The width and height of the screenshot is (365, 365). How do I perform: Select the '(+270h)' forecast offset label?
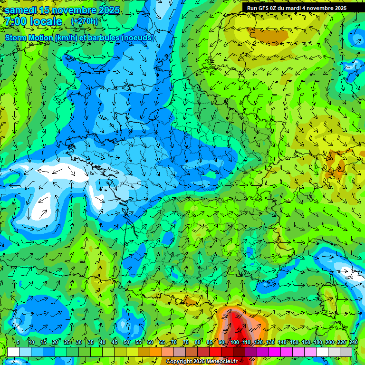pyautogui.click(x=85, y=21)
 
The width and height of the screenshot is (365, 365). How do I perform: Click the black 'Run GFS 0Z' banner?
pyautogui.click(x=297, y=8)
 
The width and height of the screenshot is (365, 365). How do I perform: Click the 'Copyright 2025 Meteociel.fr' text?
pyautogui.click(x=202, y=361)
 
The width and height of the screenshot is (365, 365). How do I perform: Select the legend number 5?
pyautogui.click(x=18, y=342)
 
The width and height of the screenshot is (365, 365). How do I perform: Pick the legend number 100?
pyautogui.click(x=235, y=342)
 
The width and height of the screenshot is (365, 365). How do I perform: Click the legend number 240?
pyautogui.click(x=354, y=342)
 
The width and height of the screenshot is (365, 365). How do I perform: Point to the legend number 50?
pyautogui.click(x=126, y=342)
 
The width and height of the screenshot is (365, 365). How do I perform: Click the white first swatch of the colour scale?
pyautogui.click(x=13, y=352)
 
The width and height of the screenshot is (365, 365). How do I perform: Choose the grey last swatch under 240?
pyautogui.click(x=346, y=352)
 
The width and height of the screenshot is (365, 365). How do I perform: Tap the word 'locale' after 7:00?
pyautogui.click(x=46, y=21)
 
